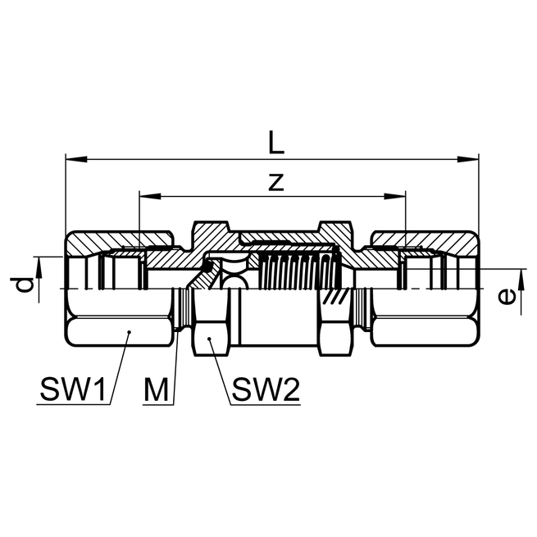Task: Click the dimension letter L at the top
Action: [x=276, y=142]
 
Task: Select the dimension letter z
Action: [x=276, y=182]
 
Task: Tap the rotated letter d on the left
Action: [x=25, y=285]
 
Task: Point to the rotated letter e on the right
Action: [x=507, y=296]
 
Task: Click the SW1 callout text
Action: [x=73, y=390]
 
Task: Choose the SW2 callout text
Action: [x=265, y=390]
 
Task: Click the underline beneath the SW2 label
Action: [x=265, y=404]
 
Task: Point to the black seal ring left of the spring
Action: [x=212, y=266]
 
